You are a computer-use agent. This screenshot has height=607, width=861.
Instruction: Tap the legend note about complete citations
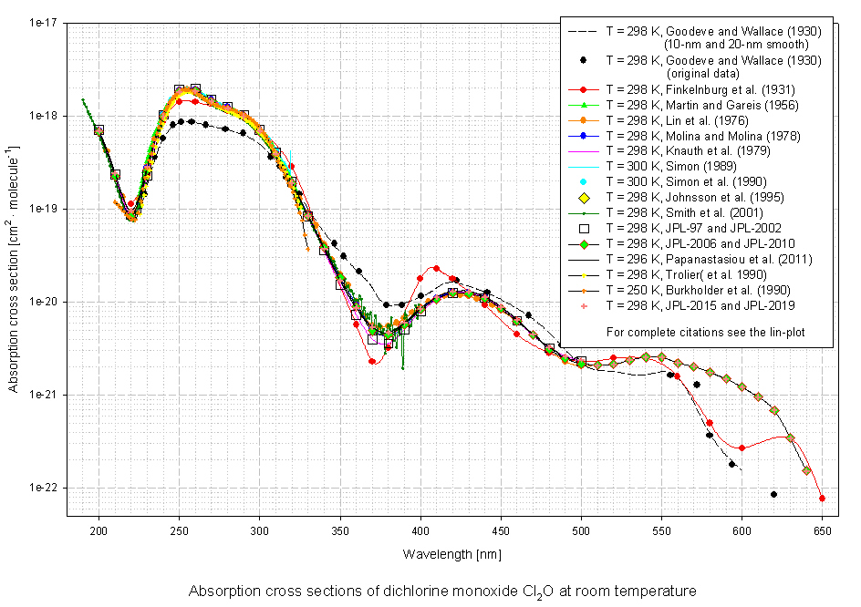click(x=697, y=331)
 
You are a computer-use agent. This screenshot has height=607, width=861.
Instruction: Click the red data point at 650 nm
click(x=822, y=499)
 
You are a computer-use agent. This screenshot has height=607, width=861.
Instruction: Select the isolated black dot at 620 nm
click(x=773, y=494)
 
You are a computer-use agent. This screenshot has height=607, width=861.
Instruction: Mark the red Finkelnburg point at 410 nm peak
click(x=436, y=268)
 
